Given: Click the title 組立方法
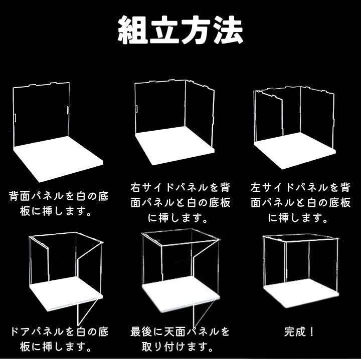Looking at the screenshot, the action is coord(180,30).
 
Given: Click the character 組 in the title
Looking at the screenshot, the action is coord(132,30).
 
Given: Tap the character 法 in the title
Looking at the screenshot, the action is coord(228,30).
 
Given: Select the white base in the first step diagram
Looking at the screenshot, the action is coord(58,159).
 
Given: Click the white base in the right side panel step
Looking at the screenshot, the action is coord(175,145).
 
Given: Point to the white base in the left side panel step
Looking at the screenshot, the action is coord(295,151).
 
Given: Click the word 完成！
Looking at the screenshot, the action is coord(299,331).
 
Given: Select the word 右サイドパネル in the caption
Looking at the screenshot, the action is coord(169,188).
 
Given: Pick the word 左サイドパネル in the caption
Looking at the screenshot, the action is coord(290,188).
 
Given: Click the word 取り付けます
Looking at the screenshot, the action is coord(172,346).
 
